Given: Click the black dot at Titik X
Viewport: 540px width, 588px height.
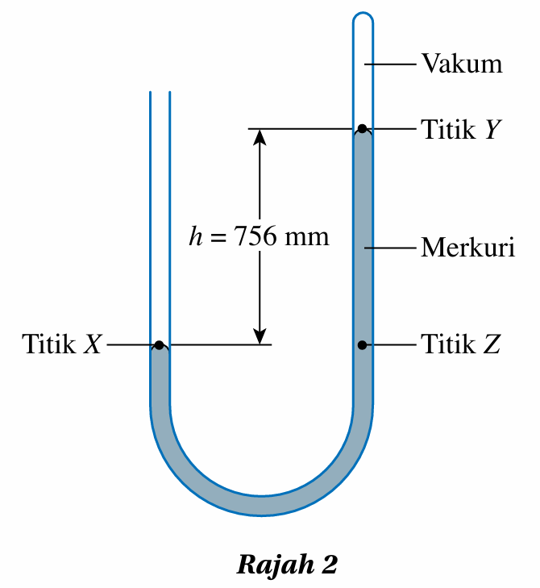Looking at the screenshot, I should (x=160, y=345).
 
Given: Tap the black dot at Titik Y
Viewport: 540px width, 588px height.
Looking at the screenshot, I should (x=363, y=128).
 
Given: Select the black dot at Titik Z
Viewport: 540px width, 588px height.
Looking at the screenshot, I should (x=363, y=345).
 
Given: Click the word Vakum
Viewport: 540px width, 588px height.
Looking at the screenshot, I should (x=462, y=63).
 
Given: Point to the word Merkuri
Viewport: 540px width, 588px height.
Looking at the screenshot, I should (x=467, y=247).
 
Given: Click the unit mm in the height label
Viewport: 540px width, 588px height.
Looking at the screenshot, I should (x=308, y=237).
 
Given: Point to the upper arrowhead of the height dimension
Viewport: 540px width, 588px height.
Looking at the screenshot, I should (x=260, y=137).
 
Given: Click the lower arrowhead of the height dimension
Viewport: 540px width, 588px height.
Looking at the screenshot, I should (x=260, y=336).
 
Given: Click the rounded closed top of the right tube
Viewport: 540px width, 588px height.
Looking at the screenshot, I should (x=363, y=16).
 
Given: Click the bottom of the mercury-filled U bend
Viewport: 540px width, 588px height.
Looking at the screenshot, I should (x=262, y=504).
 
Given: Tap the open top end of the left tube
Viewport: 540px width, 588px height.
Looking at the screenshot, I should (x=160, y=94).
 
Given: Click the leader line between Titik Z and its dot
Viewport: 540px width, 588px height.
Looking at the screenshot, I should (x=392, y=345).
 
